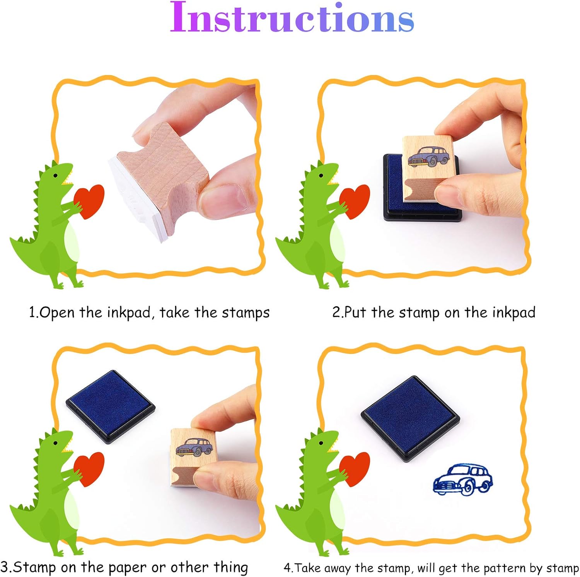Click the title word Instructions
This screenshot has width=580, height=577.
point(292,18)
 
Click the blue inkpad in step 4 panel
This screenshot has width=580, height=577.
point(410,418)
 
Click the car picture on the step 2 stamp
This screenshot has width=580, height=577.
point(428,157)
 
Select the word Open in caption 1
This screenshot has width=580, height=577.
point(57,312)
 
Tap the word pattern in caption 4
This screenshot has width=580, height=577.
point(505,568)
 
